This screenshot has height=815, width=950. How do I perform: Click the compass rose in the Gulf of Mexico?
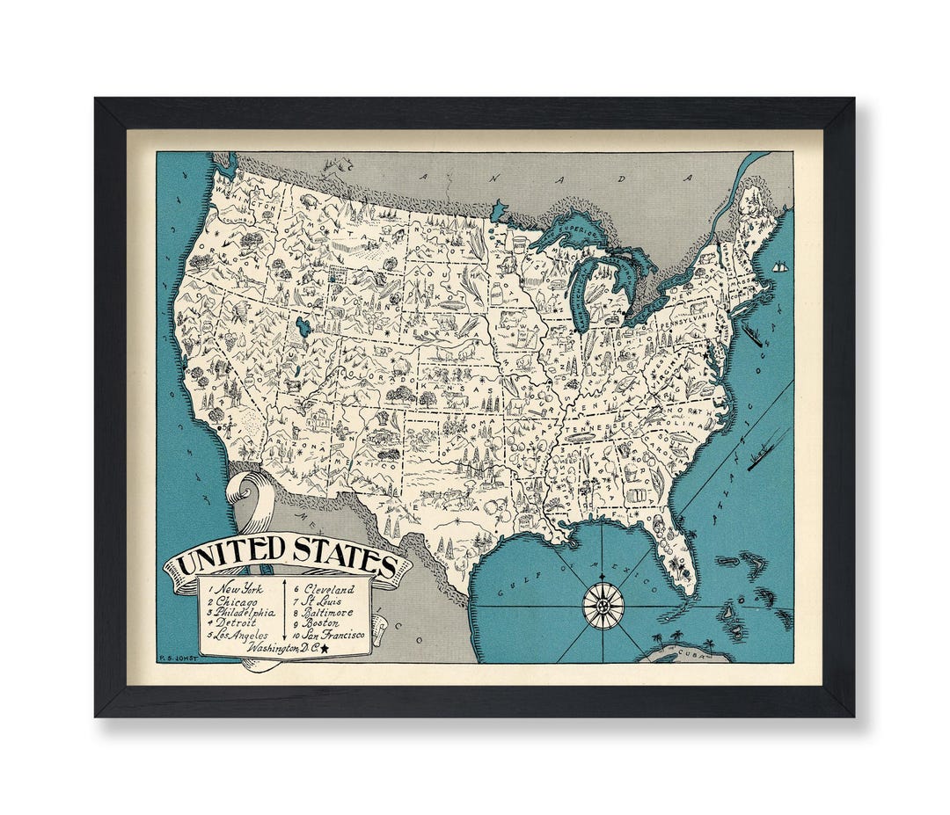[x=603, y=606]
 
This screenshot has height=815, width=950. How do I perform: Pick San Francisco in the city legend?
[x=334, y=635]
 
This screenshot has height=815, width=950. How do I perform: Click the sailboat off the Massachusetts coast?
[x=779, y=266]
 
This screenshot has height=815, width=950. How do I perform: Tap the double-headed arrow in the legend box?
[x=285, y=608]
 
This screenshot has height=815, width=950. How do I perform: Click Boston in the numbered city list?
[x=322, y=623]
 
